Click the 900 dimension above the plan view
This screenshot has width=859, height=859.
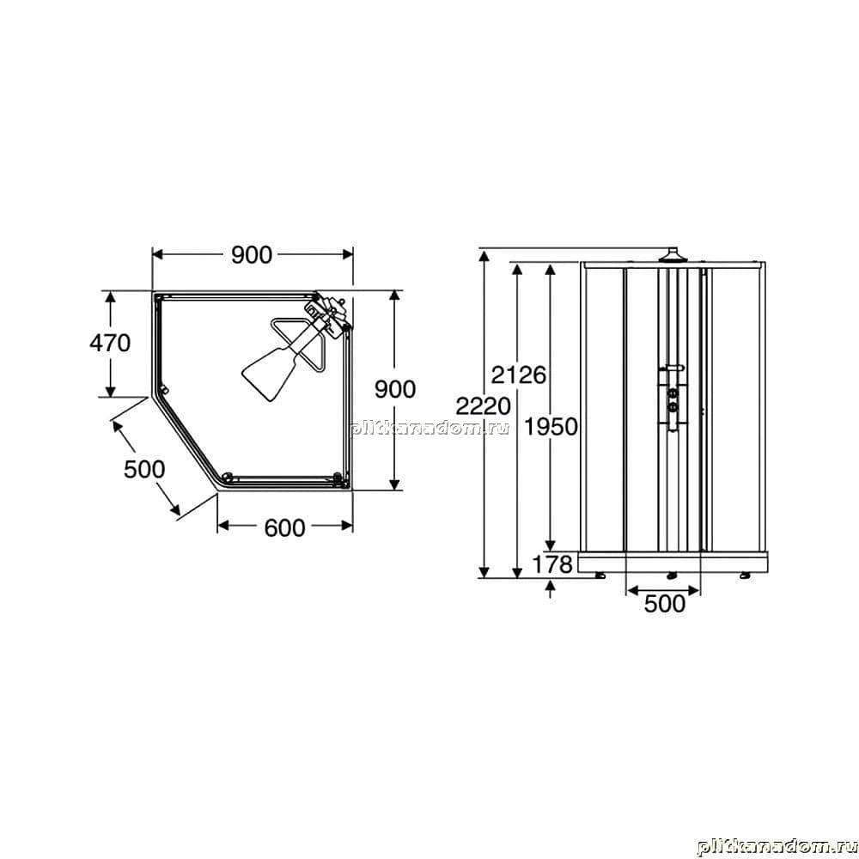click(x=252, y=255)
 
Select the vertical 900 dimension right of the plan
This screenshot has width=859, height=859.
click(x=395, y=389)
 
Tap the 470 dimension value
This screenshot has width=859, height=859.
click(x=110, y=343)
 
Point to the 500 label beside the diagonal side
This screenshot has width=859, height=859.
click(x=144, y=470)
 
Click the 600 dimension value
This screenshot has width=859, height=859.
click(x=284, y=528)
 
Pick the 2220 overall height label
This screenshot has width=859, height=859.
click(x=483, y=406)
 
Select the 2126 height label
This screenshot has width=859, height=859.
click(x=518, y=375)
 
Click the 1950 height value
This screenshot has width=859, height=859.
click(x=551, y=426)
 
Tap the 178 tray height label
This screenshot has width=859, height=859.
click(x=552, y=564)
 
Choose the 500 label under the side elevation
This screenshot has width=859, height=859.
click(x=665, y=604)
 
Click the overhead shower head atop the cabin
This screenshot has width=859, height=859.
click(x=671, y=256)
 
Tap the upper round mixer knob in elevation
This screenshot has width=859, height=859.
click(x=673, y=393)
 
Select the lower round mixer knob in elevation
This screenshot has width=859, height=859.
click(x=673, y=406)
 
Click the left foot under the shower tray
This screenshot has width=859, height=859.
click(x=601, y=576)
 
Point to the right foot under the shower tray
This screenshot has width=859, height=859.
click(x=744, y=576)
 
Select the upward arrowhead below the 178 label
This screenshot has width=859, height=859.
click(x=551, y=586)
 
